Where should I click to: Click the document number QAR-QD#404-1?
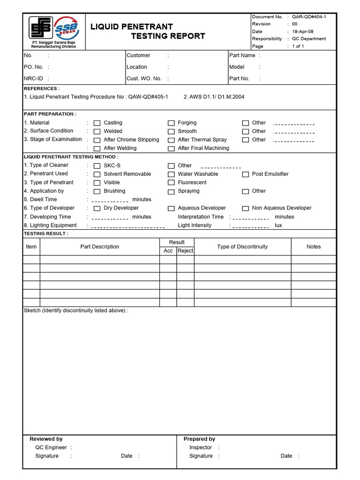tap(309, 16)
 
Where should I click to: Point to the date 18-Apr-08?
tap(302, 31)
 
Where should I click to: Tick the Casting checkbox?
tap(97, 123)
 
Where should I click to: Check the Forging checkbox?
tap(171, 123)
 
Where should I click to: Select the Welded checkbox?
tap(97, 132)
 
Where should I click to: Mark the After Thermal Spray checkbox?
tap(171, 140)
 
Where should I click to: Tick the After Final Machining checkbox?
tap(171, 149)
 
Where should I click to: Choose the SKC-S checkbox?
tap(97, 166)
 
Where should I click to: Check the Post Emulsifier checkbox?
tap(245, 174)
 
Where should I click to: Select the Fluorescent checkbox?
tap(171, 183)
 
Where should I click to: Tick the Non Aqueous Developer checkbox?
tap(245, 209)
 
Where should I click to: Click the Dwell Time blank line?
tap(110, 201)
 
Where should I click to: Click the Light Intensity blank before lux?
tap(250, 226)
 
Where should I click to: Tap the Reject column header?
tap(185, 251)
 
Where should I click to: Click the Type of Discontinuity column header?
tap(242, 247)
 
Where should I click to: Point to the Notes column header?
tap(314, 247)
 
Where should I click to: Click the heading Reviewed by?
tap(46, 439)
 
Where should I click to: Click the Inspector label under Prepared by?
tap(201, 447)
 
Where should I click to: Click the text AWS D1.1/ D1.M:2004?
tap(214, 97)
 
